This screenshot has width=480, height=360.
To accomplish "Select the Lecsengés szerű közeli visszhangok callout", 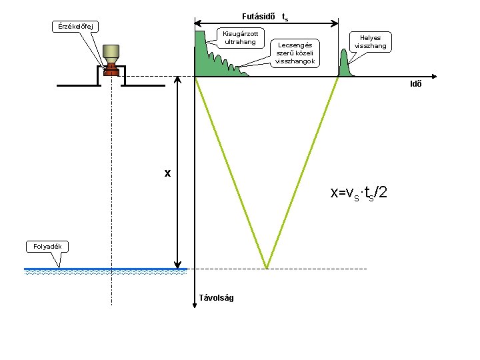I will (295, 53).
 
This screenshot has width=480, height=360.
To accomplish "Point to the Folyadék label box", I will (47, 247).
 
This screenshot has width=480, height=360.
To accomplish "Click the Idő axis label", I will (415, 83).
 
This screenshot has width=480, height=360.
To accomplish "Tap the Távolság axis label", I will (217, 297).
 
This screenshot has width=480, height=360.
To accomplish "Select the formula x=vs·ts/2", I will (358, 193).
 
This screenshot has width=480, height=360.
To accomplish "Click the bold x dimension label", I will (168, 173).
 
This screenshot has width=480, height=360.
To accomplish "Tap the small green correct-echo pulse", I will (345, 65).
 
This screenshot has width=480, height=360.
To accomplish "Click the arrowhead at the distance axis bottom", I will (194, 287).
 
